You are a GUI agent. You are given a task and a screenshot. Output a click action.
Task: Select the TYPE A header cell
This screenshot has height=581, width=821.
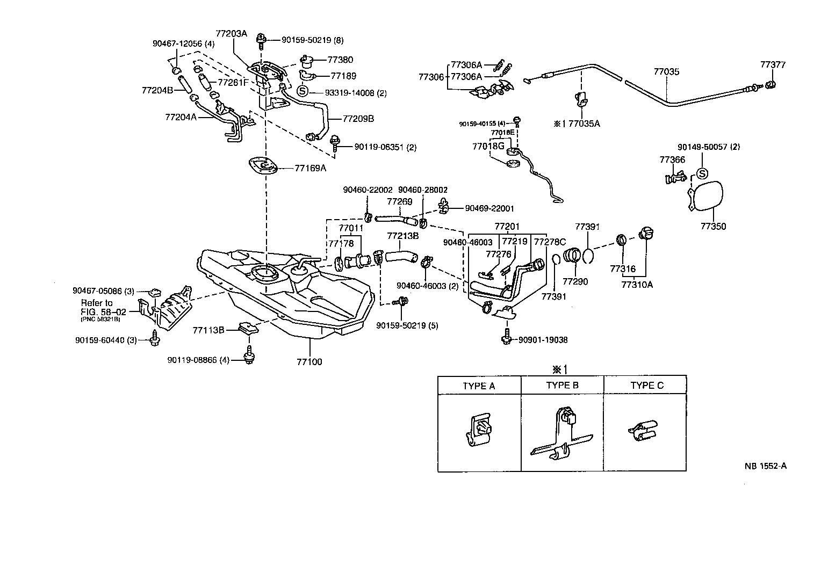(479, 386)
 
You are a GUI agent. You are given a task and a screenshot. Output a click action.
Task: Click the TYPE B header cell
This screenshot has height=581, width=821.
(562, 385)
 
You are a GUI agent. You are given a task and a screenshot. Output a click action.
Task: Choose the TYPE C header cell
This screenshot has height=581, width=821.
(646, 386)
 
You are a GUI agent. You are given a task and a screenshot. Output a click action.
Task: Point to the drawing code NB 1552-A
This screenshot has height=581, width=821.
(765, 466)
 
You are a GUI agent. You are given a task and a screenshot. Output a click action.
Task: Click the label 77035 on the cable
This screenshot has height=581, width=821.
(666, 71)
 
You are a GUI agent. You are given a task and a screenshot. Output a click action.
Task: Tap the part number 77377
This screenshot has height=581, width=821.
(773, 65)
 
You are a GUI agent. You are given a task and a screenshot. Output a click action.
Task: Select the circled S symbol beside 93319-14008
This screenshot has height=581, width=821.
(303, 92)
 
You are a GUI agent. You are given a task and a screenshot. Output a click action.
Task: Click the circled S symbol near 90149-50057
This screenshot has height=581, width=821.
(701, 173)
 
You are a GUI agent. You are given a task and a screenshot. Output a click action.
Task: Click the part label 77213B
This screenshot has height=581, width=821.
(403, 235)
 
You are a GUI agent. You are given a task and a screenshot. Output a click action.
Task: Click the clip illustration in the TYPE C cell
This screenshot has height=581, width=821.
(642, 430)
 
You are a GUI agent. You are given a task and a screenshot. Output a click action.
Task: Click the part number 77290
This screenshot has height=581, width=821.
(575, 281)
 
